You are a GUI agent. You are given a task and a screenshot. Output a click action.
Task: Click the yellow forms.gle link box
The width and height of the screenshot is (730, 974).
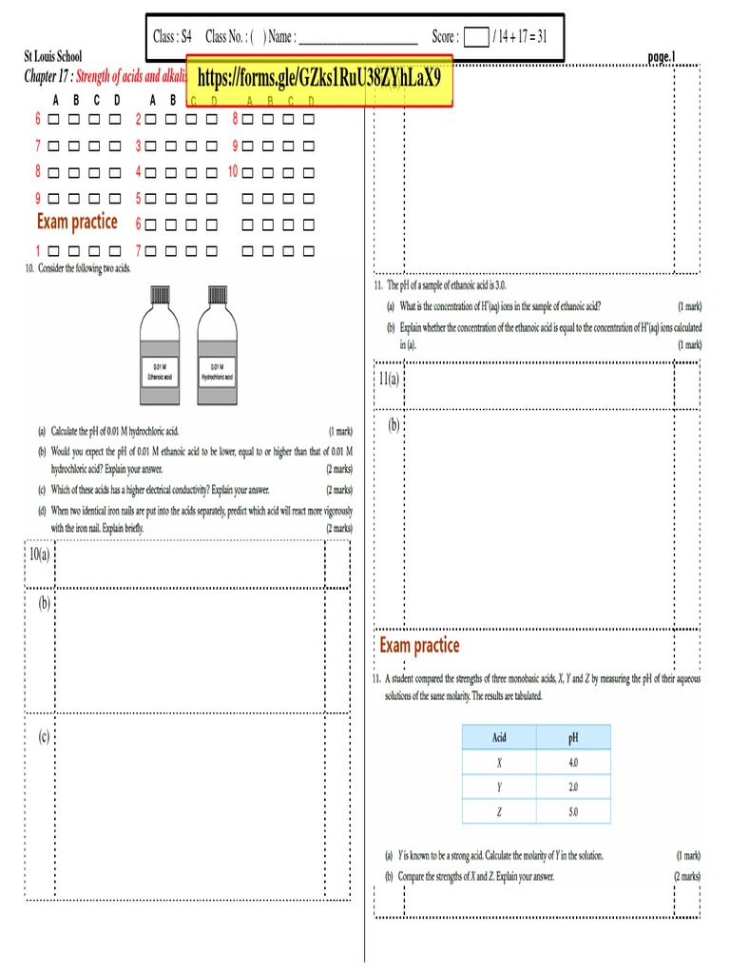pos(319,80)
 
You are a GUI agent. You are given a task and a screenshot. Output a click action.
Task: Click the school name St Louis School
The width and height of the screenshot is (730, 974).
pos(53,57)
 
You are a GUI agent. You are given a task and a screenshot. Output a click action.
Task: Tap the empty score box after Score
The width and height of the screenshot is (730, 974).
pos(475,37)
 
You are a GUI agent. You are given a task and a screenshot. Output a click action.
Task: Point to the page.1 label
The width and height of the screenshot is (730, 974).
pos(662,57)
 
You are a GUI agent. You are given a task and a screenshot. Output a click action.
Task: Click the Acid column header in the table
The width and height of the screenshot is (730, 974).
pos(499,737)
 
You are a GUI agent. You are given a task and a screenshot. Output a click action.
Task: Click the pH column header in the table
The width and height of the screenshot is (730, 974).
pos(573,737)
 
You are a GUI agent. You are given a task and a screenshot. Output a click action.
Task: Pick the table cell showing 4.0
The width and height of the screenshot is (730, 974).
pos(573,763)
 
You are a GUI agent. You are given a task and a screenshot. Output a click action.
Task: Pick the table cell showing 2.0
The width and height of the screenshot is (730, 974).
pos(573,788)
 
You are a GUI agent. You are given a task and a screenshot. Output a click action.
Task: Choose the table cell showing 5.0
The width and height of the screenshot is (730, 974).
pos(573,812)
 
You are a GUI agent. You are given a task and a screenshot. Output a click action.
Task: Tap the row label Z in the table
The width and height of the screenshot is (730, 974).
pos(499,812)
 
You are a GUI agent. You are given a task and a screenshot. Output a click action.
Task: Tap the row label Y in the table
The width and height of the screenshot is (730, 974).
pos(499,788)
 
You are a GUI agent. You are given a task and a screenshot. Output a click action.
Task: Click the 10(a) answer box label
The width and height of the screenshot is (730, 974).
pos(39,554)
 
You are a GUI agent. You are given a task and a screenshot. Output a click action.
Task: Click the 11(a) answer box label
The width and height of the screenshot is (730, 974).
pos(389,379)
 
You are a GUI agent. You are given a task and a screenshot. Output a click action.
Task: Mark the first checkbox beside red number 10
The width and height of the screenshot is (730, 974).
pos(247,173)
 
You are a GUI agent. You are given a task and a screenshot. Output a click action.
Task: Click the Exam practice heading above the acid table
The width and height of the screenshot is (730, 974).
pos(419,646)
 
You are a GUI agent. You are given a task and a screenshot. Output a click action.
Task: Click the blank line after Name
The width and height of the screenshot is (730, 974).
pos(358,38)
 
